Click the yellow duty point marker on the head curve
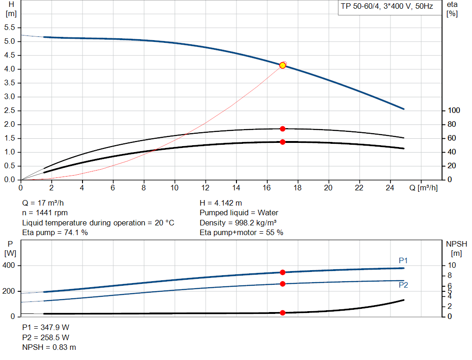pyautogui.click(x=283, y=65)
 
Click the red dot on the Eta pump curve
pyautogui.click(x=283, y=129)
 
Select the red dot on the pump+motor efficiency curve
pyautogui.click(x=283, y=142)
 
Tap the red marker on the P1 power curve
pyautogui.click(x=283, y=272)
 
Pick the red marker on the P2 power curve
pyautogui.click(x=283, y=283)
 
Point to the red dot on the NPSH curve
pyautogui.click(x=283, y=313)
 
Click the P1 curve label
pyautogui.click(x=403, y=261)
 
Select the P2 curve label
pyautogui.click(x=403, y=285)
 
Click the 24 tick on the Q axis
pyautogui.click(x=390, y=188)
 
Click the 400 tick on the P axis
pyautogui.click(x=9, y=266)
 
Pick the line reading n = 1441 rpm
pyautogui.click(x=45, y=213)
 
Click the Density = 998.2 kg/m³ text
pyautogui.click(x=238, y=223)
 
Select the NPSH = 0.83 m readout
pyautogui.click(x=49, y=347)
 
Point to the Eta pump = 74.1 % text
pyautogui.click(x=55, y=232)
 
